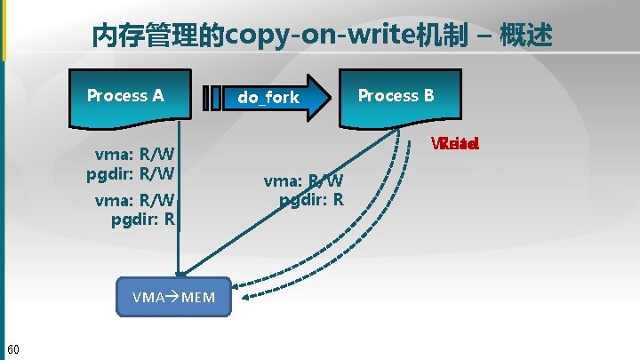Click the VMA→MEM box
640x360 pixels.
coord(173,297)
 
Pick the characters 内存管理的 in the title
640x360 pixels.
coord(159,36)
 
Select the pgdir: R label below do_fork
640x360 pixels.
coord(312,199)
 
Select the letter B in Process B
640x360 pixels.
coord(428,95)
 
